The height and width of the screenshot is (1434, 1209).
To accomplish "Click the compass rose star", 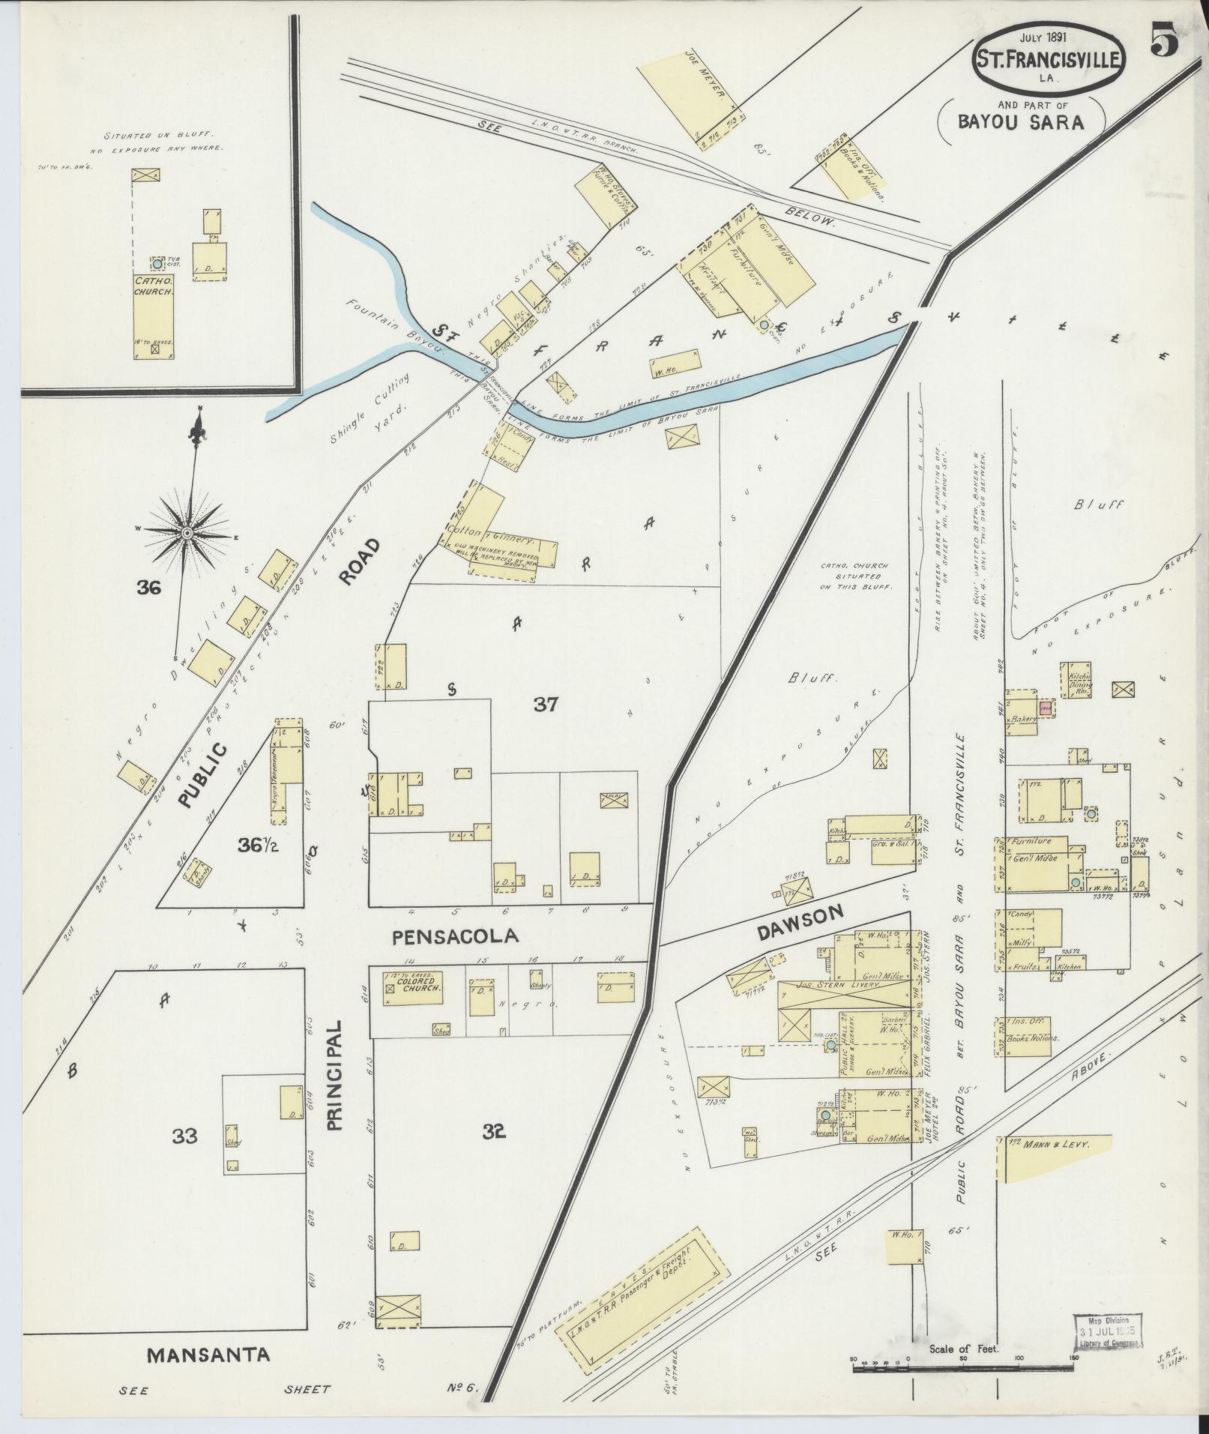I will click(x=187, y=532).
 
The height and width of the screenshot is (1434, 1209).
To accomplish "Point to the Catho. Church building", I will click(x=154, y=316).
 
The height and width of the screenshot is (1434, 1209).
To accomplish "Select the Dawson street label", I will click(x=801, y=918).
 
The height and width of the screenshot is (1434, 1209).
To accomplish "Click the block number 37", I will click(x=546, y=704).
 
